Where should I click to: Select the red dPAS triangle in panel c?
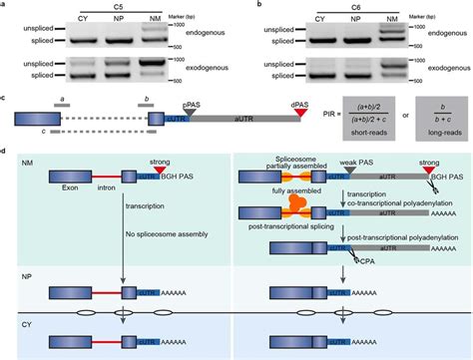click(299, 119)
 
